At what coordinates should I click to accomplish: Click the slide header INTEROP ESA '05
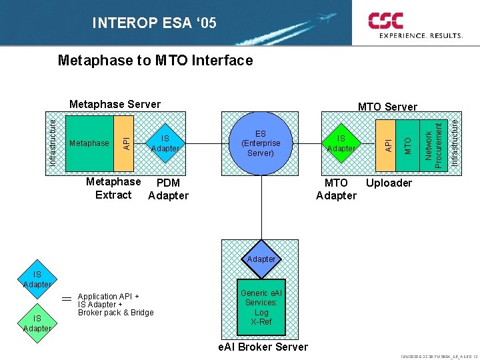pos(154,24)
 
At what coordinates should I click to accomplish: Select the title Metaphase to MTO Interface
pos(155,61)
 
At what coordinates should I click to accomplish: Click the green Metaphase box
pos(89,143)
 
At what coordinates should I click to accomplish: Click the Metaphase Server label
pos(115,104)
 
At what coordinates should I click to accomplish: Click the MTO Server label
pos(387,107)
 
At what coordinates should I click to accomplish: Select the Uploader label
pos(389,183)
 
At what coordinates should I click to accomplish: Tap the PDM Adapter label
pos(168,189)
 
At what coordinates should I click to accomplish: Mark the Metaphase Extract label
pos(113,188)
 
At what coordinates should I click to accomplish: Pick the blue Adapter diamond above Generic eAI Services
pos(261,259)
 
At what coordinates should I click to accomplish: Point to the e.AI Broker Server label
pos(263,347)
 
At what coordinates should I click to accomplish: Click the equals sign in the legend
pos(67,299)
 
